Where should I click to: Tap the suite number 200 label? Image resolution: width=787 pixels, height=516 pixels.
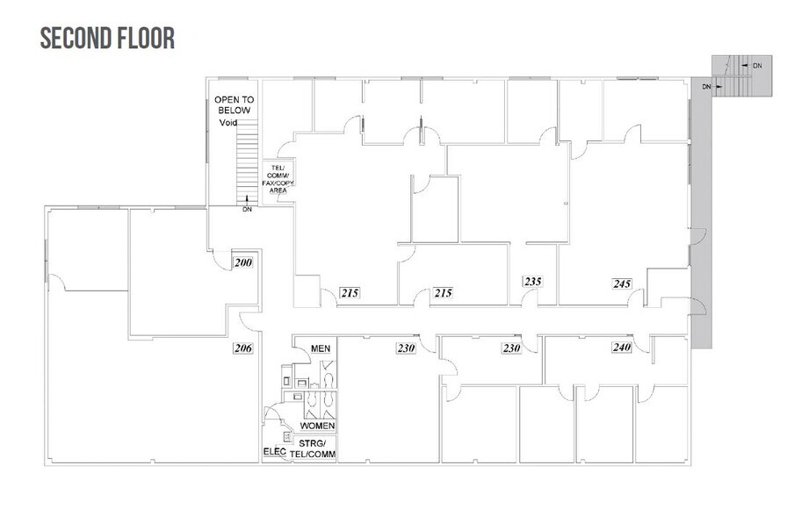pyautogui.click(x=242, y=262)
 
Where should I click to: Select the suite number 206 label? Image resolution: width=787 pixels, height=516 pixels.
pyautogui.click(x=242, y=348)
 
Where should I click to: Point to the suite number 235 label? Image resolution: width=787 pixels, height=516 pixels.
pyautogui.click(x=533, y=282)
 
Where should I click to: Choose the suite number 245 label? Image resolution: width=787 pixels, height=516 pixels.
pyautogui.click(x=622, y=283)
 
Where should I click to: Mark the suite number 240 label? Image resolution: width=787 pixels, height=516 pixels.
pyautogui.click(x=622, y=348)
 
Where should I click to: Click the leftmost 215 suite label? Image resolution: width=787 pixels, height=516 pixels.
pyautogui.click(x=351, y=292)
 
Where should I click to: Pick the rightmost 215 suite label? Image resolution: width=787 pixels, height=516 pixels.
pyautogui.click(x=443, y=292)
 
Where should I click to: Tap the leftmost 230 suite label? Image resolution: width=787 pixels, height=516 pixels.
pyautogui.click(x=405, y=348)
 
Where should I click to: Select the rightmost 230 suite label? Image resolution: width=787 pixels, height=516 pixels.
pyautogui.click(x=512, y=348)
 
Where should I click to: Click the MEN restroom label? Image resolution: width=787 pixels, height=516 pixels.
pyautogui.click(x=321, y=348)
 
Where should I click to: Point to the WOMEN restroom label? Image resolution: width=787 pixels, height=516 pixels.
pyautogui.click(x=317, y=426)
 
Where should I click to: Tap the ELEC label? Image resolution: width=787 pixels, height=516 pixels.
pyautogui.click(x=274, y=453)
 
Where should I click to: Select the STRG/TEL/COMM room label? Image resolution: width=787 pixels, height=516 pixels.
pyautogui.click(x=317, y=448)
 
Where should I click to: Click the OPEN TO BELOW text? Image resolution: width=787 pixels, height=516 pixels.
pyautogui.click(x=233, y=105)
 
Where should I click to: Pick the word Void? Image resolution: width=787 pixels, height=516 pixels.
pyautogui.click(x=228, y=124)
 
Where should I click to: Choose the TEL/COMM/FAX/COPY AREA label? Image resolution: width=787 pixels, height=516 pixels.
pyautogui.click(x=280, y=178)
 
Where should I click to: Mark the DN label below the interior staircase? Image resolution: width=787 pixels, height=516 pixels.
pyautogui.click(x=248, y=210)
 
